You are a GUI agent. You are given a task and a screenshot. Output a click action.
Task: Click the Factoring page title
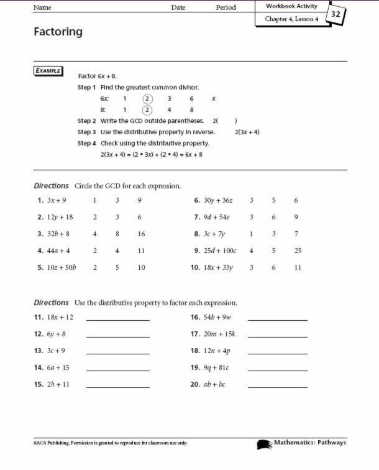click(58, 32)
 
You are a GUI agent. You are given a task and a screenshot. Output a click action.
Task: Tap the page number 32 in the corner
click(336, 14)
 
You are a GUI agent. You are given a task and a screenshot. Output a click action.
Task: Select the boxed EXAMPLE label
click(48, 71)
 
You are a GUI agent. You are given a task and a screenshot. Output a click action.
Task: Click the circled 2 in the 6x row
click(147, 98)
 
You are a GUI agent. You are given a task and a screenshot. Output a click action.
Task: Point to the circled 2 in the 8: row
click(147, 110)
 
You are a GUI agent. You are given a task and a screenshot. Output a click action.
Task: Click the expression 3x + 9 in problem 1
click(56, 200)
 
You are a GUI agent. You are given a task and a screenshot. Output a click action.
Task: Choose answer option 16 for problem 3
click(141, 234)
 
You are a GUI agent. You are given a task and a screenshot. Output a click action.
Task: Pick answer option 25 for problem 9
click(298, 251)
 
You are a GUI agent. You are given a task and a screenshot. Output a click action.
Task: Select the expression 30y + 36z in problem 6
click(217, 200)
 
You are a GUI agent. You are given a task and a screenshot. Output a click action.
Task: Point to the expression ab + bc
click(214, 384)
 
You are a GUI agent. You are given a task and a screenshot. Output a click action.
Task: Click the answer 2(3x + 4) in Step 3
click(247, 132)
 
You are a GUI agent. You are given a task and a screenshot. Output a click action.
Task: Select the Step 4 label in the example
click(86, 144)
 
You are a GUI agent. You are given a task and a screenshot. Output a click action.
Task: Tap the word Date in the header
click(178, 7)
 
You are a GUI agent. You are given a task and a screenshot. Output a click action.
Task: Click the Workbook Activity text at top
click(291, 6)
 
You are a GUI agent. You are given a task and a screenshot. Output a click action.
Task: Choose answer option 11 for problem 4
click(141, 251)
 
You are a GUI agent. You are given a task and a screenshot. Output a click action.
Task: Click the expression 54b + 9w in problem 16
click(217, 317)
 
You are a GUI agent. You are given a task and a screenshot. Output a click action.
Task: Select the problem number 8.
click(196, 234)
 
